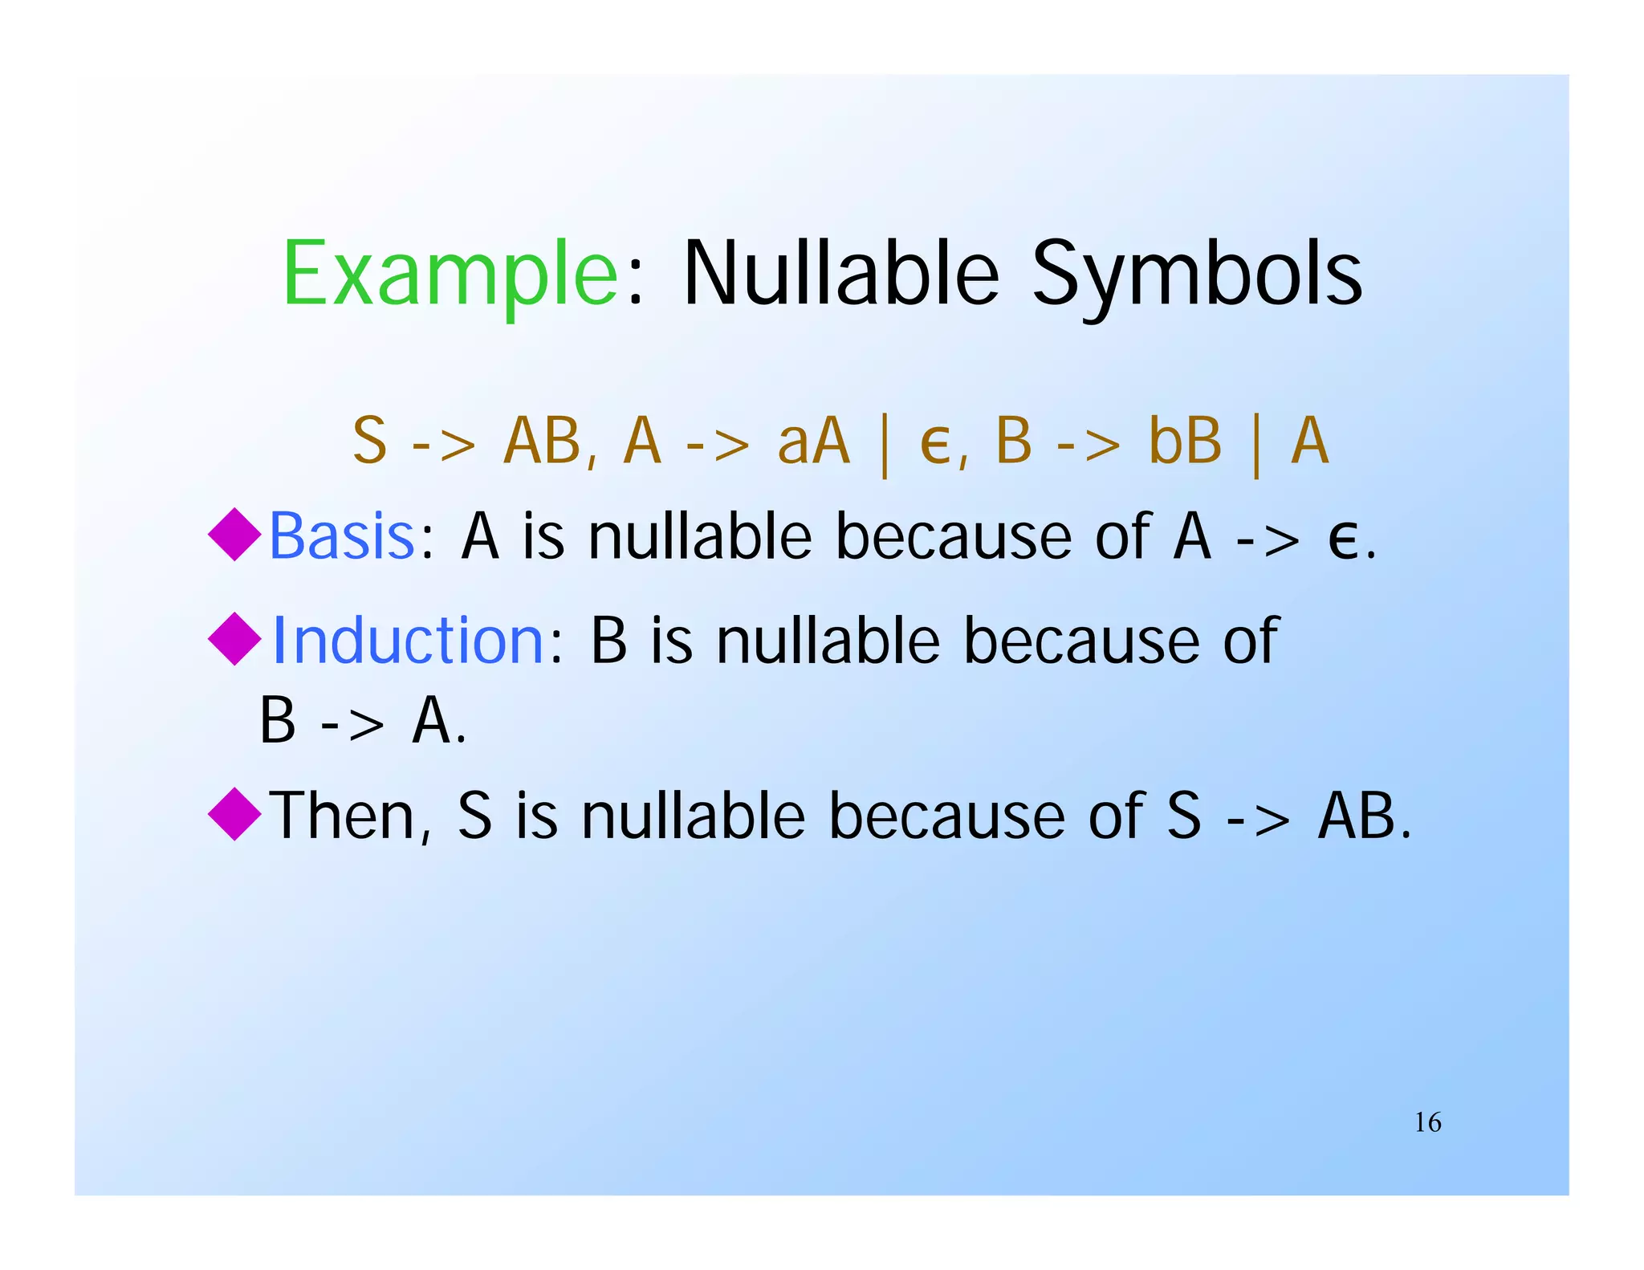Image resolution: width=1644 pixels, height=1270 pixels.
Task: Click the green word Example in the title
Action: click(450, 275)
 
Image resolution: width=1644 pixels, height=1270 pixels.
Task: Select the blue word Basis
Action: click(342, 536)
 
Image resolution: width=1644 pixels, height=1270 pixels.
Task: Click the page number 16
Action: click(1427, 1122)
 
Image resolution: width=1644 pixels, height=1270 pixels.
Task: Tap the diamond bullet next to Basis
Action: click(234, 534)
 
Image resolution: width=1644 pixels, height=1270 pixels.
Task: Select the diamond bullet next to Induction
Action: click(234, 638)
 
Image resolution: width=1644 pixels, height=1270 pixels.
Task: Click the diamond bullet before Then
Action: click(234, 813)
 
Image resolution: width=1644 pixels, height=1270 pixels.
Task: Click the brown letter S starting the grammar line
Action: click(370, 441)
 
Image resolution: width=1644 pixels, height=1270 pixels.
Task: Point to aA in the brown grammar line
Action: click(813, 441)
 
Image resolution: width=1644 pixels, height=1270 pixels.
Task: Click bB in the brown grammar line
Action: click(1185, 441)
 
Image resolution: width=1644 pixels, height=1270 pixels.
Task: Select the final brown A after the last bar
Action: click(1310, 441)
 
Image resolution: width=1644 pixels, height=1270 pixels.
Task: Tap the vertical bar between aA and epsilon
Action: click(885, 443)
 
